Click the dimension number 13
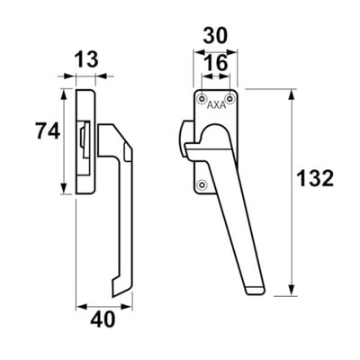[85, 59]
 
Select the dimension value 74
[48, 131]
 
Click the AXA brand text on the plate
[217, 105]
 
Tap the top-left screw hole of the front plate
[202, 97]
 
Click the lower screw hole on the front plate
[202, 184]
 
